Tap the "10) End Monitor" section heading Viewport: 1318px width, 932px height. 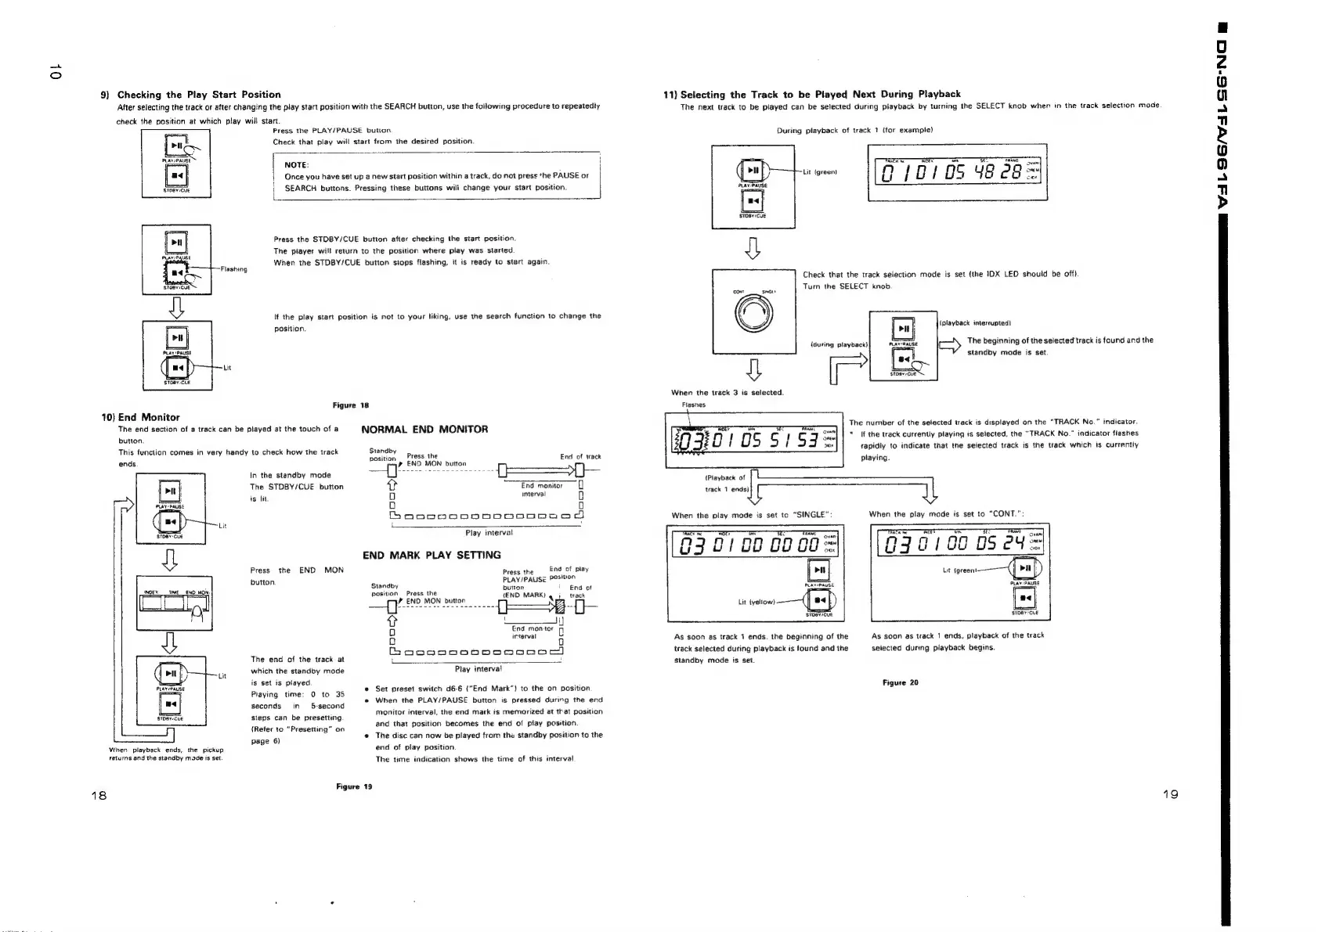pyautogui.click(x=141, y=417)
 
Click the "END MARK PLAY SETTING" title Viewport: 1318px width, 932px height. pyautogui.click(x=432, y=555)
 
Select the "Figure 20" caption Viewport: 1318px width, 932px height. pyautogui.click(x=900, y=682)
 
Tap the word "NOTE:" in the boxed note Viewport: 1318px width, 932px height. pyautogui.click(x=297, y=165)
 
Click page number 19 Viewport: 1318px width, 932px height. pyautogui.click(x=1170, y=794)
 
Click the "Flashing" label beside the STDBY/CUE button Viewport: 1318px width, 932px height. pyautogui.click(x=234, y=269)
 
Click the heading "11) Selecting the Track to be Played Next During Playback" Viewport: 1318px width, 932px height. pyautogui.click(x=812, y=94)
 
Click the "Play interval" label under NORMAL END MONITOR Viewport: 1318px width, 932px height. pyautogui.click(x=489, y=532)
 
